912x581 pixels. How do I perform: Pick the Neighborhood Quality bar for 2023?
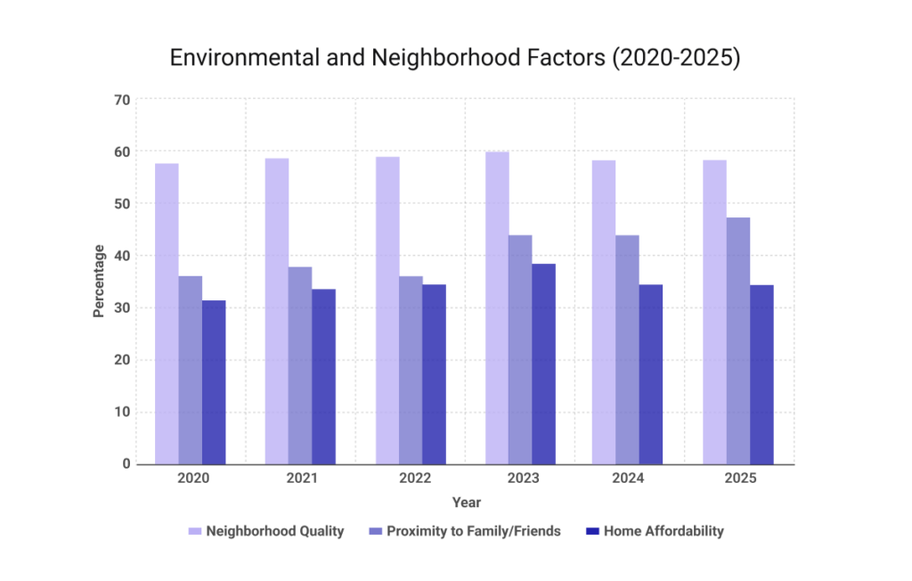(497, 307)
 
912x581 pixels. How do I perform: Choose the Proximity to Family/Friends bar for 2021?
(300, 365)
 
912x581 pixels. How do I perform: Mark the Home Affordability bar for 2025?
(761, 374)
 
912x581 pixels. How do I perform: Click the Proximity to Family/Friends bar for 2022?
(411, 370)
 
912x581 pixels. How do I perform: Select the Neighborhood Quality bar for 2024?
(604, 312)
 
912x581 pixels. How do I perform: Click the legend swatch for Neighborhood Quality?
(195, 531)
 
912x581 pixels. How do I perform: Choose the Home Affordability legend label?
(664, 531)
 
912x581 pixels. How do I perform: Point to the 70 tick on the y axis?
(121, 100)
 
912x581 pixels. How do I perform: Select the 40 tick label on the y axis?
(121, 256)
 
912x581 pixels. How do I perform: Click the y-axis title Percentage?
(99, 282)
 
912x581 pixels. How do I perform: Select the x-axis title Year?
(466, 503)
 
